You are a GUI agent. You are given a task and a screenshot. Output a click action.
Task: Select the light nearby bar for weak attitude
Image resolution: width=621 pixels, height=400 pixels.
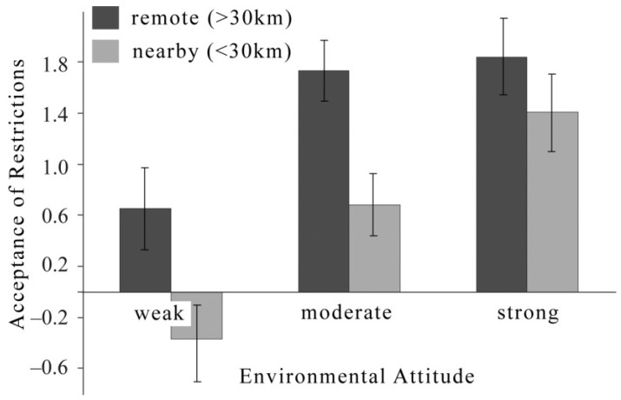tap(196, 316)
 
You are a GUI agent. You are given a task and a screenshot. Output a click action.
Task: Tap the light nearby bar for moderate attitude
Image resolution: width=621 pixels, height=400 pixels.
tap(374, 248)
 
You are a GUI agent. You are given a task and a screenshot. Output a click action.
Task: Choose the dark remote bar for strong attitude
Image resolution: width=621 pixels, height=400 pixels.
tap(501, 174)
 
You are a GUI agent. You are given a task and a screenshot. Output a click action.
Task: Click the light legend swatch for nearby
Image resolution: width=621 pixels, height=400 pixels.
tap(108, 52)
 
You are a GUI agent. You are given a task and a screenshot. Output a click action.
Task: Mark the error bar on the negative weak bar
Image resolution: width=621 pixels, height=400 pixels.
tap(197, 348)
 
